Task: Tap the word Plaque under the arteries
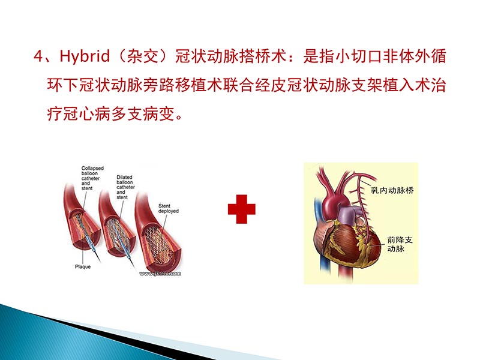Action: click(83, 266)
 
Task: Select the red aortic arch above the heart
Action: click(328, 180)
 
